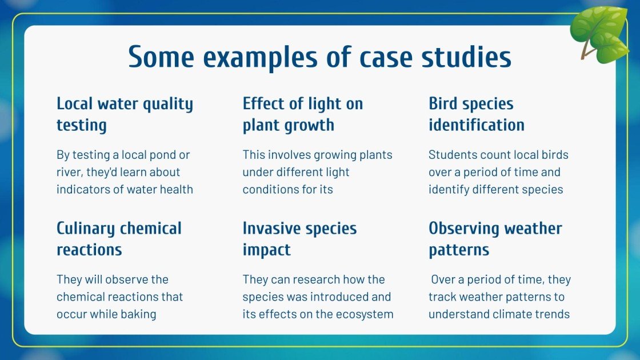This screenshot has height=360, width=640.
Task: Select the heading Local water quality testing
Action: tap(125, 114)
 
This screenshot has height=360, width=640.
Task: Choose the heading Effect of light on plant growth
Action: tap(302, 114)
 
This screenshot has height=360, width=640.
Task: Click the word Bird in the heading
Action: tap(443, 104)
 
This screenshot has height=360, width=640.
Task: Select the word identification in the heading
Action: tap(476, 125)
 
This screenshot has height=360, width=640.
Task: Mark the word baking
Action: tap(138, 314)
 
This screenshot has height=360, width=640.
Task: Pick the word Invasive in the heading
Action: tap(271, 229)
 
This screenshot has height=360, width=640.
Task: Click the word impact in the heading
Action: tap(266, 250)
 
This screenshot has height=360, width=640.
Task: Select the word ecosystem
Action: tap(366, 314)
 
